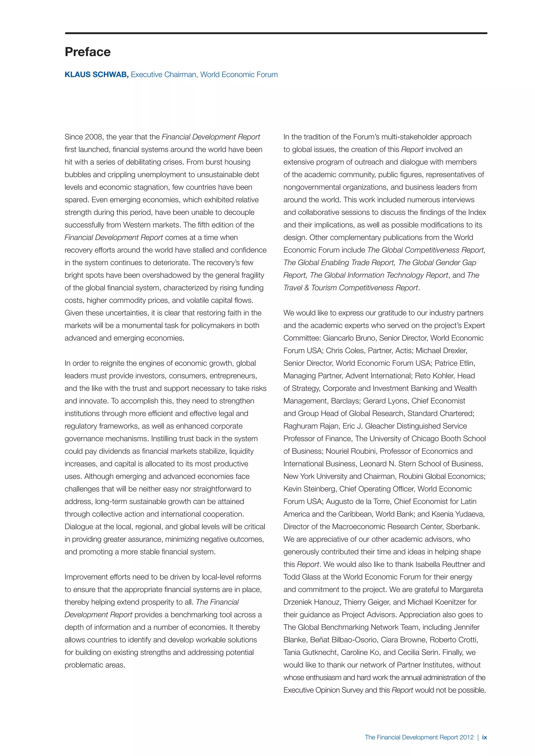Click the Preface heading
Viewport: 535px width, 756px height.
tap(88, 52)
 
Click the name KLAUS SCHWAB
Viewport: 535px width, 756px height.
tap(96, 75)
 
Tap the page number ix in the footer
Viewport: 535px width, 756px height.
tap(484, 737)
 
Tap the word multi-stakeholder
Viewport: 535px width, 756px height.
tap(410, 137)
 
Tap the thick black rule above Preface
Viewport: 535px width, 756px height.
tap(276, 33)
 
